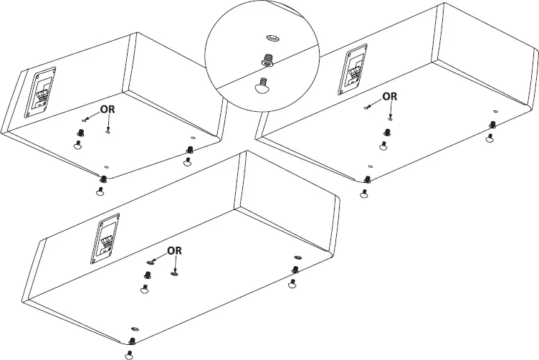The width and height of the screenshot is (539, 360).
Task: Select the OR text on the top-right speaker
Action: pyautogui.click(x=389, y=96)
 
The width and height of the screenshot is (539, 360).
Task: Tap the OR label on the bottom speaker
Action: pyautogui.click(x=175, y=250)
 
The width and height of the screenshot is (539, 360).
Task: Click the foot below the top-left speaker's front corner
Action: pyautogui.click(x=100, y=190)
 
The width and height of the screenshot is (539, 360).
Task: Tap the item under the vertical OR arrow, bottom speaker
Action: pyautogui.click(x=174, y=272)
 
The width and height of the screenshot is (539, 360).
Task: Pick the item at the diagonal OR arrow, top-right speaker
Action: pyautogui.click(x=368, y=107)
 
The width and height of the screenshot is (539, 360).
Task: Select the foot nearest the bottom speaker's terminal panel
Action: pyautogui.click(x=144, y=289)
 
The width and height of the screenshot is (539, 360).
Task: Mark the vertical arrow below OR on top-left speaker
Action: pyautogui.click(x=107, y=124)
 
